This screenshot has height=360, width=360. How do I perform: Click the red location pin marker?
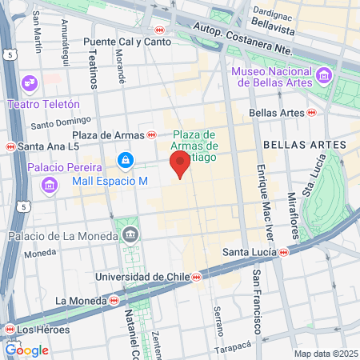click(180, 165)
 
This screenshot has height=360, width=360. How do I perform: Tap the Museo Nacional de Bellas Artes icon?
click(324, 75)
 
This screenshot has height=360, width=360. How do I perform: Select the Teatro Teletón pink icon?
click(30, 83)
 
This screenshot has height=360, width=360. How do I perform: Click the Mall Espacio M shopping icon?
click(126, 162)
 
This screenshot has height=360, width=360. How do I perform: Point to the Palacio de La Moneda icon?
click(130, 234)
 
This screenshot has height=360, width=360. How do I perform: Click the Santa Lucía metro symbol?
click(285, 253)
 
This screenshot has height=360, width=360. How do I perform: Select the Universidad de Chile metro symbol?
click(194, 277)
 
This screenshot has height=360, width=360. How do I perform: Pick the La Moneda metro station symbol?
click(114, 301)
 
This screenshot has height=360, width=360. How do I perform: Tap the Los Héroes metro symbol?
click(9, 329)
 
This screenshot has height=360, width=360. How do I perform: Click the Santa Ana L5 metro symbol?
click(10, 146)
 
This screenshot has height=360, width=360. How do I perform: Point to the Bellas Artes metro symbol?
click(311, 113)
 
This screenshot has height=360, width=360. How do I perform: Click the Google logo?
click(26, 350)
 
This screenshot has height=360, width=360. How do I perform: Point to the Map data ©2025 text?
click(326, 354)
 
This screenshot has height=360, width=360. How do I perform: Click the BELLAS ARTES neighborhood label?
click(316, 145)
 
